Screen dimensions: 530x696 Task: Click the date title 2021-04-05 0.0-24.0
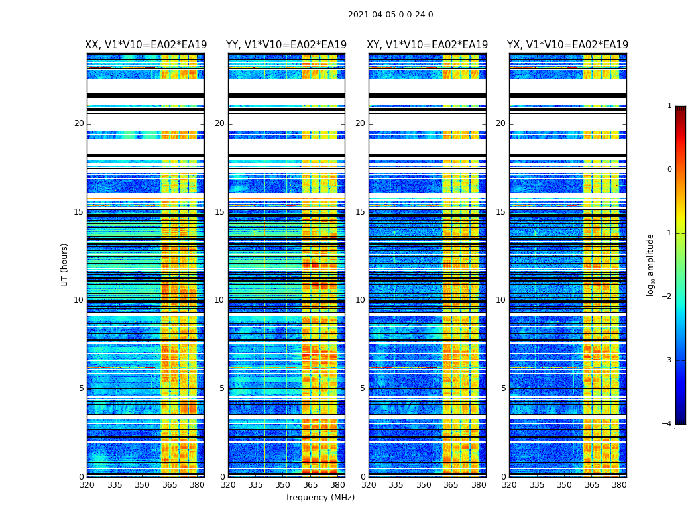pos(390,15)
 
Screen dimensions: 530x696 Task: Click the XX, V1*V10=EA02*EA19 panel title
pos(146,45)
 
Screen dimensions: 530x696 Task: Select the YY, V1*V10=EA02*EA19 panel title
pos(286,45)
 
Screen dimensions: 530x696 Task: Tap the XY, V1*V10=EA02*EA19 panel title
pos(428,45)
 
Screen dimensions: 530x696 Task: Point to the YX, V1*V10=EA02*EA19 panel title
pos(568,45)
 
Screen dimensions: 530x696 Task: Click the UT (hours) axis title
pos(64,264)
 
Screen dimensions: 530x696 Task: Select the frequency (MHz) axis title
pos(320,498)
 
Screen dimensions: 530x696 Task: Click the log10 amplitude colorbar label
pos(650,264)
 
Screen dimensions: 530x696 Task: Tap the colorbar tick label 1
pos(669,106)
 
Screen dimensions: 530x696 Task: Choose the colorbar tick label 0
pos(669,170)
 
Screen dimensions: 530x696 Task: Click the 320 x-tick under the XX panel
pos(87,485)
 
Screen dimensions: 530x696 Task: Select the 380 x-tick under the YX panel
pos(619,485)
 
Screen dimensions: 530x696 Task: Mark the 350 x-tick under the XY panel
pos(424,485)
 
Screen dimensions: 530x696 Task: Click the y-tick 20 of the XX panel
pos(79,123)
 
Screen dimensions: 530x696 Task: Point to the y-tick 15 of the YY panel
pos(219,212)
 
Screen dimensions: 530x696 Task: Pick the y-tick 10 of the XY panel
pos(360,300)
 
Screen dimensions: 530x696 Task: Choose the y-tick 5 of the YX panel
pos(503,388)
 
